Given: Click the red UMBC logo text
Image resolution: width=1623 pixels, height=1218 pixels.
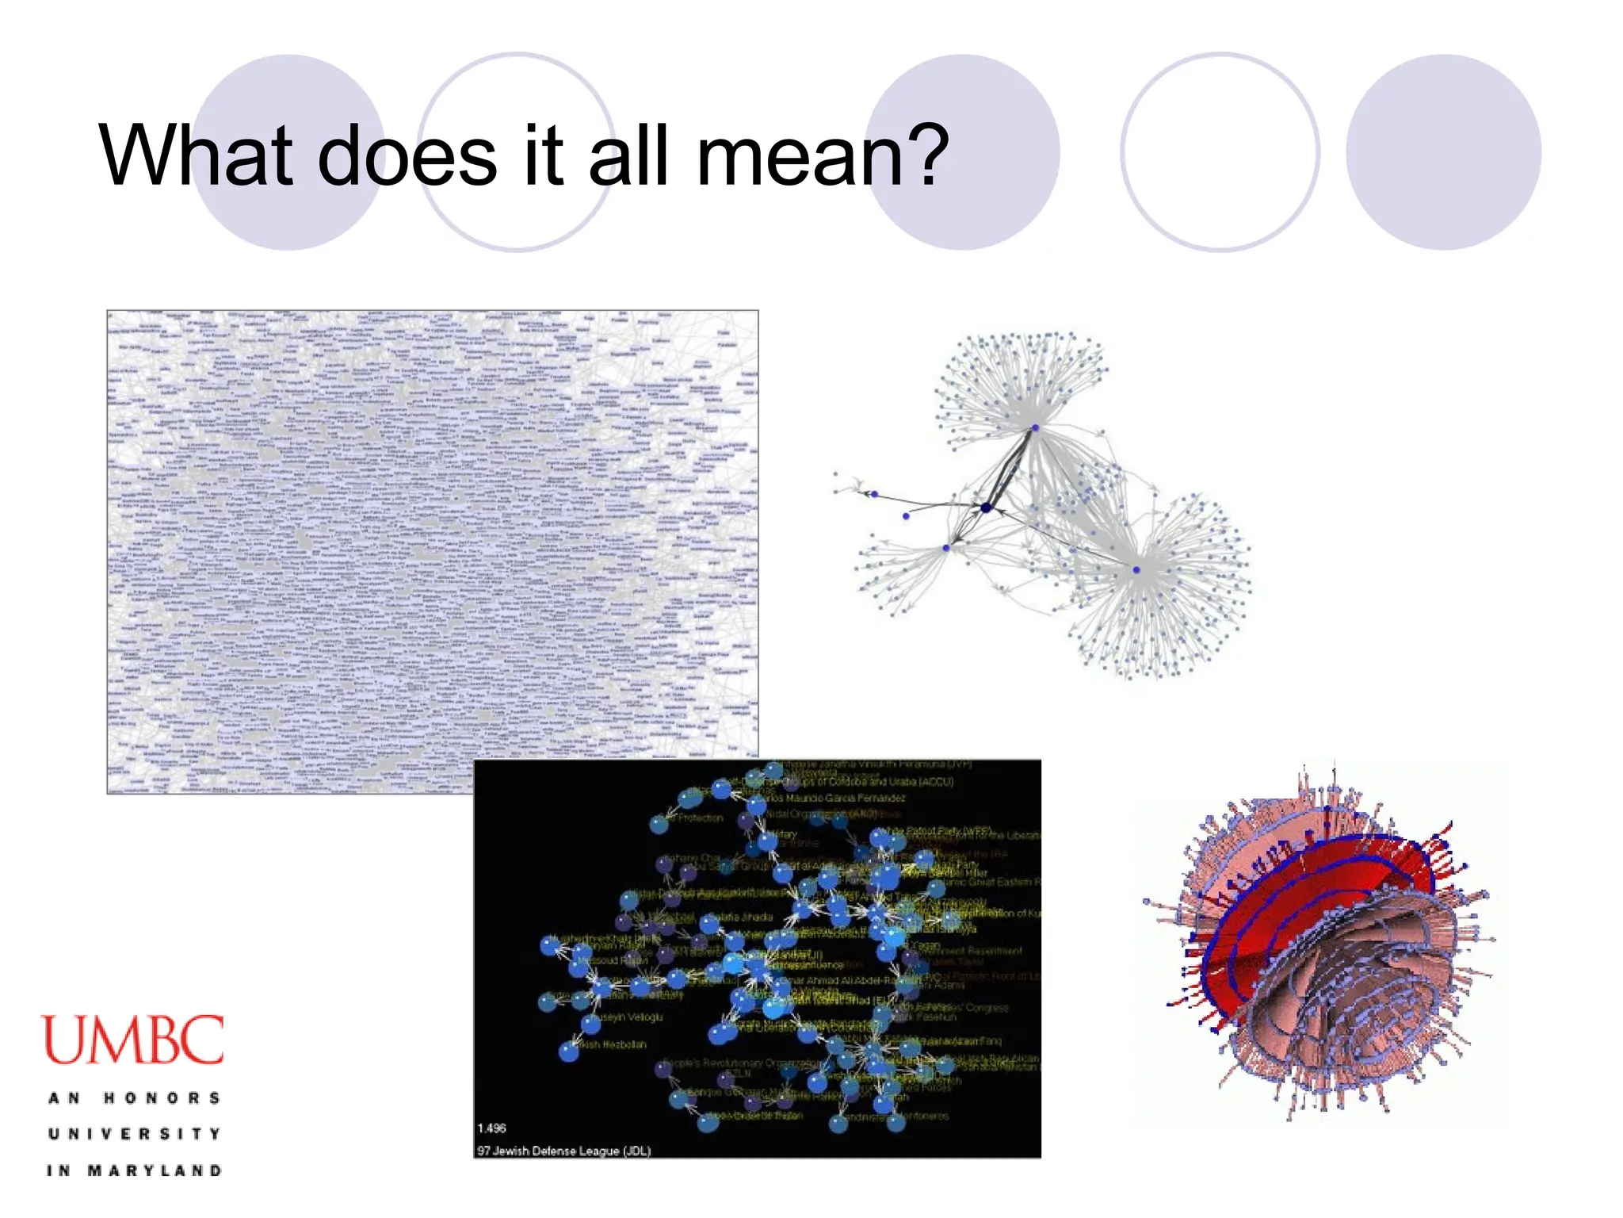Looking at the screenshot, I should [132, 1040].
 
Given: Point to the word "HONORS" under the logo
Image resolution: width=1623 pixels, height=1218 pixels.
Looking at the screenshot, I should [162, 1098].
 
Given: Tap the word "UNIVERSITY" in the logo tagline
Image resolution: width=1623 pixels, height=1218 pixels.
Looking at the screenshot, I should [134, 1134].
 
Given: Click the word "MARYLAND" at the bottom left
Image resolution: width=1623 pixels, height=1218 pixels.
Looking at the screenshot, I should [155, 1170].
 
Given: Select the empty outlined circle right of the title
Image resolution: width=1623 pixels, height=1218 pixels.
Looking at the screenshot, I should [1220, 152].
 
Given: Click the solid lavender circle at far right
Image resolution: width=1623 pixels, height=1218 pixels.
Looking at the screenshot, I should [1443, 152].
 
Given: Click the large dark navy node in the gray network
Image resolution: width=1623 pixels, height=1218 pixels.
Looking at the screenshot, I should [986, 507].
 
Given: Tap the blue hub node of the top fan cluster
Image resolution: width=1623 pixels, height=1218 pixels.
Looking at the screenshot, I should [1035, 428].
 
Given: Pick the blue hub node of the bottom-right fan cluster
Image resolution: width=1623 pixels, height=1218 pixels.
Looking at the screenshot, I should [1136, 570].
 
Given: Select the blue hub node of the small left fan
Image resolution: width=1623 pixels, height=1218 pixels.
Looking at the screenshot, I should [946, 548].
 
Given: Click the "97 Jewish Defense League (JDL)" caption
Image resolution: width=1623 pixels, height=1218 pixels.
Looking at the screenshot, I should [563, 1151].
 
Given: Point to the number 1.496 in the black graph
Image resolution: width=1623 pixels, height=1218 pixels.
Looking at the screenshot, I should [491, 1128].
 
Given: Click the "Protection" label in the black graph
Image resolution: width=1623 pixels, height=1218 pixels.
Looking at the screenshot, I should [701, 818].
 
